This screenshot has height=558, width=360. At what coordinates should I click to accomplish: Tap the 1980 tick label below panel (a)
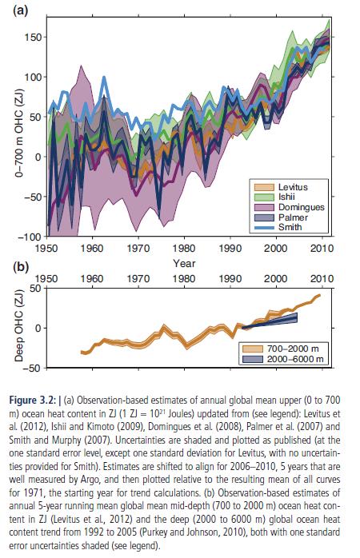coord(184,248)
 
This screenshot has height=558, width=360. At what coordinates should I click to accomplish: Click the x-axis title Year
coord(184,263)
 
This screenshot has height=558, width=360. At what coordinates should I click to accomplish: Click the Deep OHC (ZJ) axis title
coord(19,325)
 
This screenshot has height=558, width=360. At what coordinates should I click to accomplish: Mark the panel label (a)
coord(20,10)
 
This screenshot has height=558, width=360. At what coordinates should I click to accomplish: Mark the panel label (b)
coord(21,267)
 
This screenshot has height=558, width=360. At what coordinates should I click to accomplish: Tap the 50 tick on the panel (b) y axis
coord(36,288)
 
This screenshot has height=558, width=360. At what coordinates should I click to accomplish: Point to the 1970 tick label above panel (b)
coord(138,278)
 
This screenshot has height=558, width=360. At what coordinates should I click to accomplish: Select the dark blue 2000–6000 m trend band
coord(270,321)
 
